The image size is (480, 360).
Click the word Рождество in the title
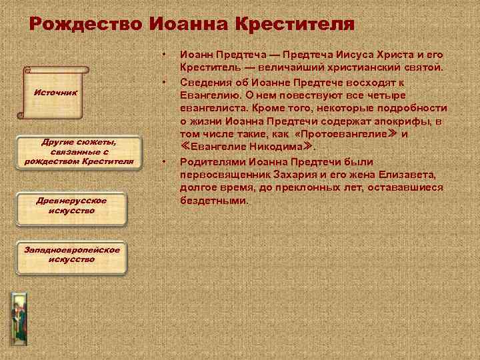(x=86, y=24)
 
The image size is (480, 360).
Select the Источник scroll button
(x=56, y=92)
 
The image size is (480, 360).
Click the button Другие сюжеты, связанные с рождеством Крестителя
(x=79, y=151)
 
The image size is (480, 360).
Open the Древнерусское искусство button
(x=71, y=205)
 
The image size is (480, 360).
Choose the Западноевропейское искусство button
(x=71, y=254)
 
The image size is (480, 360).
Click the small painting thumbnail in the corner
(x=18, y=316)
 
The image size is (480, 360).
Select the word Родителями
(x=212, y=162)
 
